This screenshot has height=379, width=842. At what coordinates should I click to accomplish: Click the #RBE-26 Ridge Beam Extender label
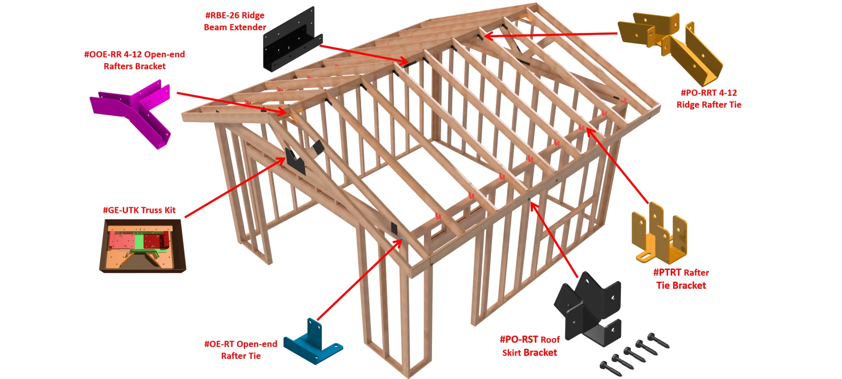click(235, 21)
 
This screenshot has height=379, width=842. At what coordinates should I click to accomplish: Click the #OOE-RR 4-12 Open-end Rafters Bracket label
click(135, 60)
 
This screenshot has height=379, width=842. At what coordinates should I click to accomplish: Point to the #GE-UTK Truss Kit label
click(139, 210)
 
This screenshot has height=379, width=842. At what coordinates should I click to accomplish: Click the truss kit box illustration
click(142, 246)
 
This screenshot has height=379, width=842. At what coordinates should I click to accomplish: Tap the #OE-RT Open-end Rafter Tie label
click(241, 350)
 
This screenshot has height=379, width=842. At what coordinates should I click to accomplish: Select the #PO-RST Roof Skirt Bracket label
click(530, 346)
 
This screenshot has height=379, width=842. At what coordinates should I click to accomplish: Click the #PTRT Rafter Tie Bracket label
click(681, 279)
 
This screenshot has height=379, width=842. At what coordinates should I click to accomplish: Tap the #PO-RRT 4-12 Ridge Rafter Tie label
click(709, 99)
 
